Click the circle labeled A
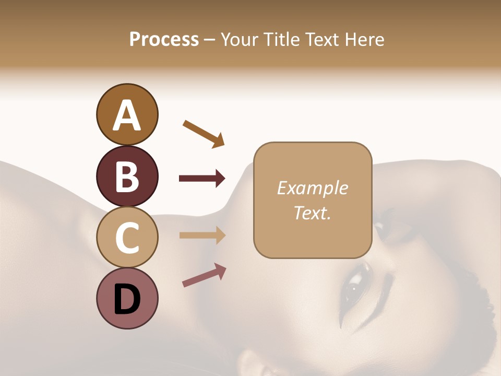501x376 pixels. [x=127, y=114]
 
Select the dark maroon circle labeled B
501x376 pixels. [x=127, y=176]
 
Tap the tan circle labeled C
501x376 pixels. [x=127, y=237]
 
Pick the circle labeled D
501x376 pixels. [x=127, y=298]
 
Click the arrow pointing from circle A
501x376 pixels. [x=204, y=133]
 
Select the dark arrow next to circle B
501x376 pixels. [x=202, y=179]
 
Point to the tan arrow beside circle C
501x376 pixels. [x=202, y=235]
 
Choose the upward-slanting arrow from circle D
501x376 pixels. [x=204, y=275]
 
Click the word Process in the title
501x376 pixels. [x=164, y=40]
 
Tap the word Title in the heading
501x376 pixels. [x=281, y=40]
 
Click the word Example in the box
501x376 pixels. [x=312, y=188]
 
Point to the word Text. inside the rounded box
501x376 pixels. [x=312, y=213]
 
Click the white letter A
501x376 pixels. [x=127, y=115]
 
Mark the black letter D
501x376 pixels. [x=127, y=299]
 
